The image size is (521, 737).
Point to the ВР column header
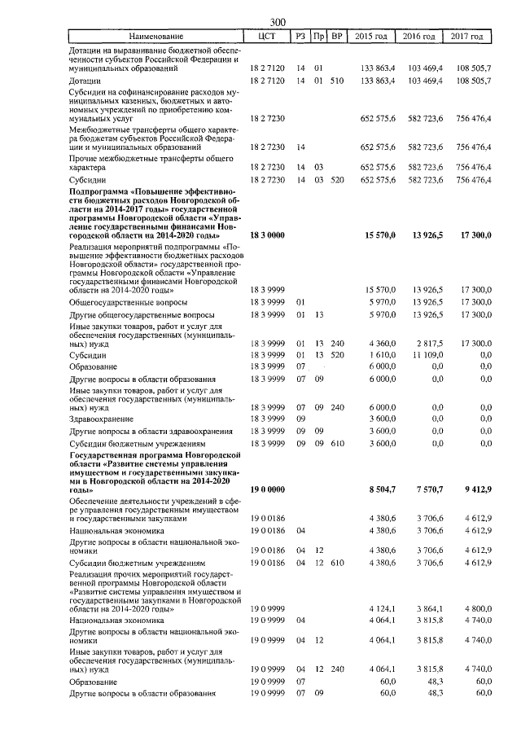click(x=336, y=37)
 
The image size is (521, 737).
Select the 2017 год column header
click(x=474, y=37)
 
